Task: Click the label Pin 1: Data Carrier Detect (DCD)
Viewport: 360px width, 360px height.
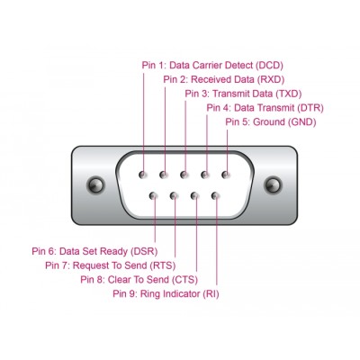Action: click(211, 65)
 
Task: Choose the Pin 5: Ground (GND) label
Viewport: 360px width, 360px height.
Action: click(270, 121)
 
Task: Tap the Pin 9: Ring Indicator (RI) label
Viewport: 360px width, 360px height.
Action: click(166, 293)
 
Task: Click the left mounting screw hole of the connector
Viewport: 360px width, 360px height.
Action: click(94, 185)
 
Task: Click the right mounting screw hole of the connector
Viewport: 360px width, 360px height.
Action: click(268, 185)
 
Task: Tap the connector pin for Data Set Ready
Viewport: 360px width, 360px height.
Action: click(153, 194)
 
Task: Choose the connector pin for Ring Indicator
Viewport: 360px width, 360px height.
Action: click(216, 194)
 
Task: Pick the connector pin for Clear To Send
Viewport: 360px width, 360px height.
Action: click(194, 194)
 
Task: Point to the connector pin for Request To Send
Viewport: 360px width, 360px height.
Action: click(174, 194)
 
